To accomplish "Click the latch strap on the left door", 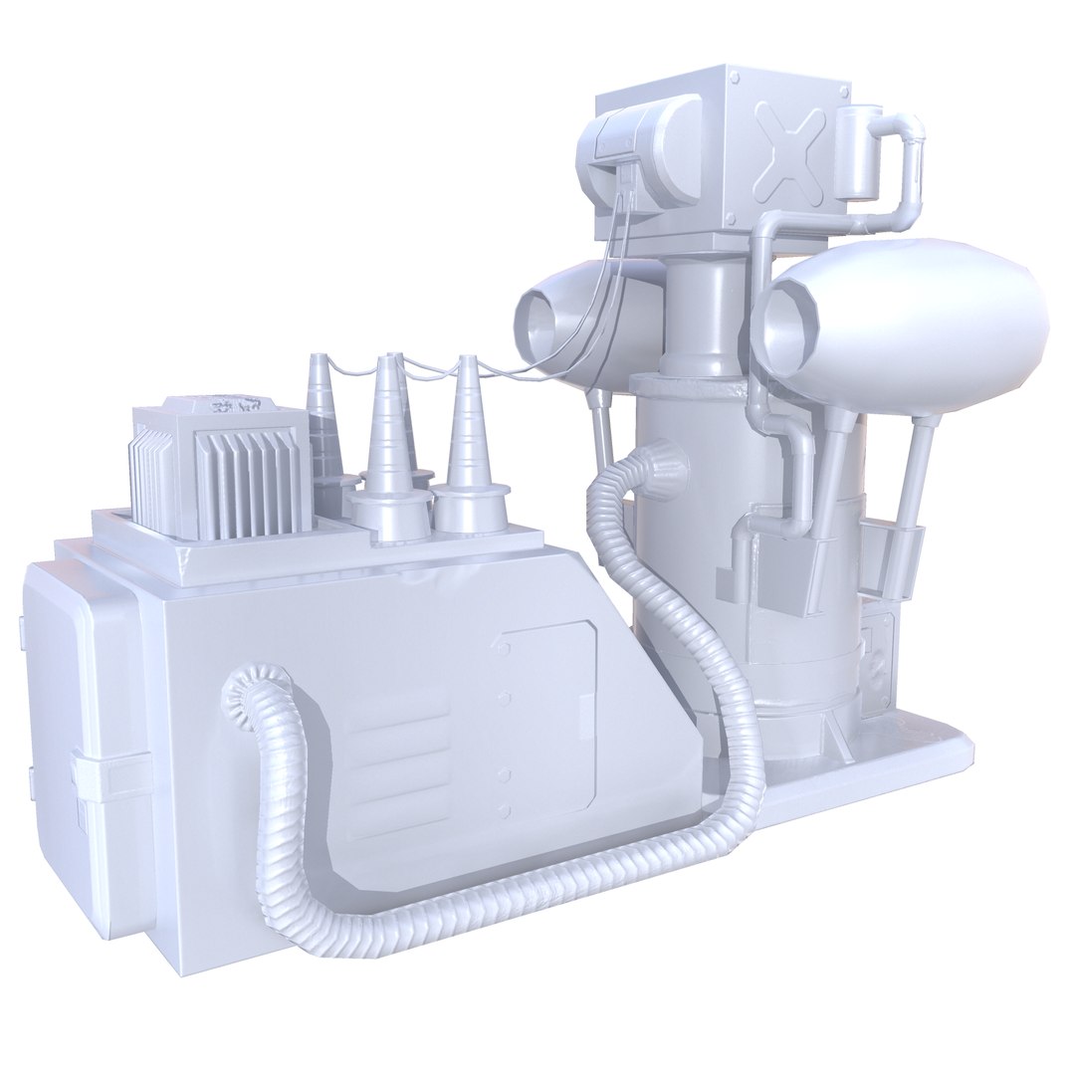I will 107,775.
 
